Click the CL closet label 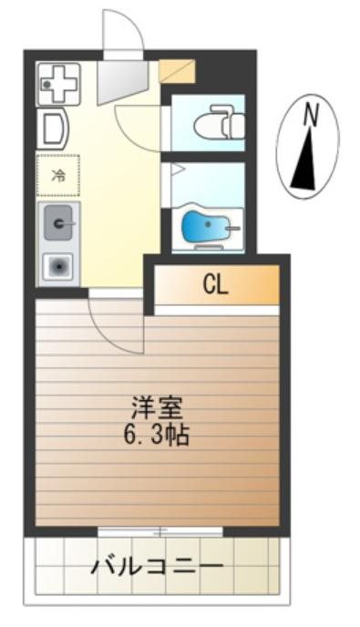click(x=215, y=285)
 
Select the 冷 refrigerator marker click(x=57, y=175)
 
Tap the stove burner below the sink click(x=58, y=266)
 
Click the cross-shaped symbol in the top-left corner click(x=57, y=85)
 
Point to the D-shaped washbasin click(x=52, y=128)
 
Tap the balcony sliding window click(x=160, y=529)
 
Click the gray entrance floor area click(x=121, y=80)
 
